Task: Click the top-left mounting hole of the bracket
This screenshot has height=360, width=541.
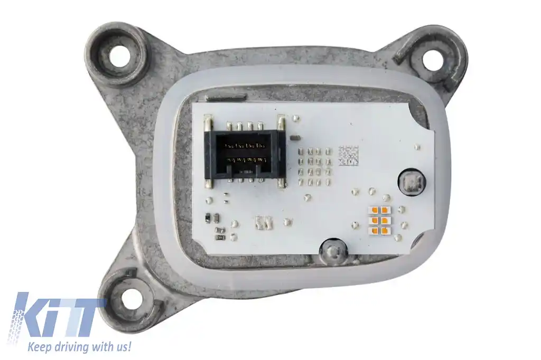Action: tap(119, 55)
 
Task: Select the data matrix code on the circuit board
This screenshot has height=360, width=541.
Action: tap(348, 155)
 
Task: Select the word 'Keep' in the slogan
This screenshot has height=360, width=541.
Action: tap(38, 346)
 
